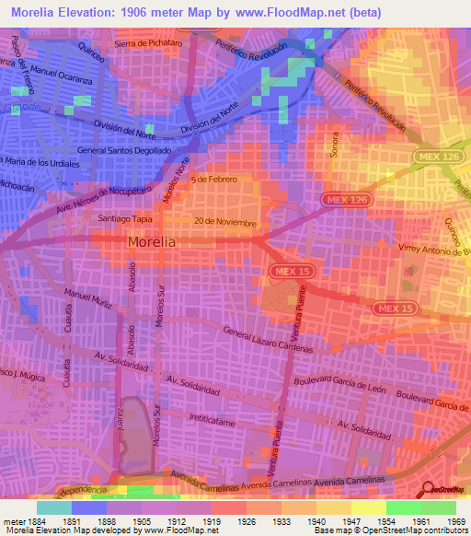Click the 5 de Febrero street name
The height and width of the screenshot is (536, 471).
coord(214,179)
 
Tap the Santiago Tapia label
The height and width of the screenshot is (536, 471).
coord(123,219)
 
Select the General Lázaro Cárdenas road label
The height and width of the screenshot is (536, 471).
coord(269,340)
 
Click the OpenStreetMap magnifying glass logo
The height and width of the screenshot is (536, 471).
coord(427,490)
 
